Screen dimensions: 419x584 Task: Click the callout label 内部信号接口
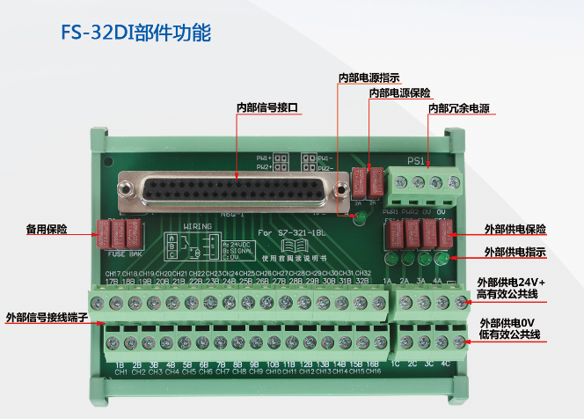click(x=267, y=107)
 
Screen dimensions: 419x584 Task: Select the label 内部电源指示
click(x=369, y=77)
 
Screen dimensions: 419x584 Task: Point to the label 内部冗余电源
click(x=458, y=109)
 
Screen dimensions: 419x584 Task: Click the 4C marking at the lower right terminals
click(x=446, y=363)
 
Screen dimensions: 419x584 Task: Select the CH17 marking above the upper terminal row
click(x=113, y=274)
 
